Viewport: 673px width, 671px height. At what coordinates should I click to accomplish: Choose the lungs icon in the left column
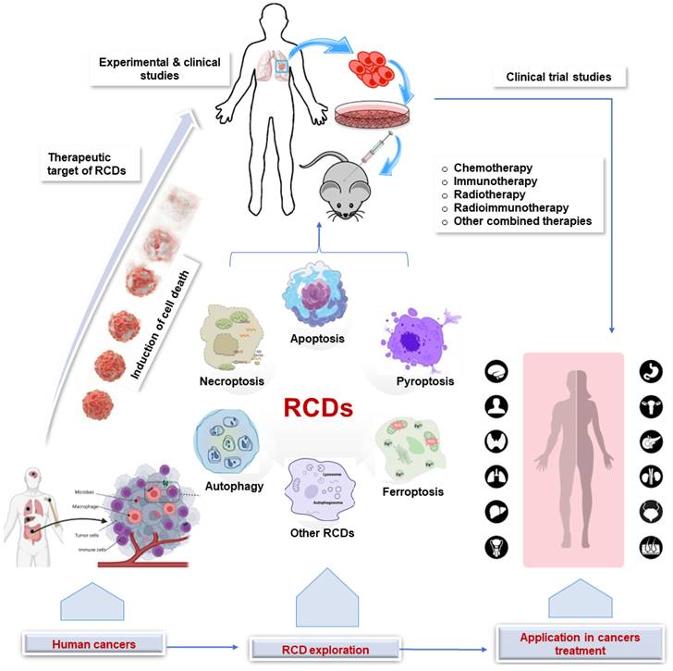(x=496, y=476)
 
